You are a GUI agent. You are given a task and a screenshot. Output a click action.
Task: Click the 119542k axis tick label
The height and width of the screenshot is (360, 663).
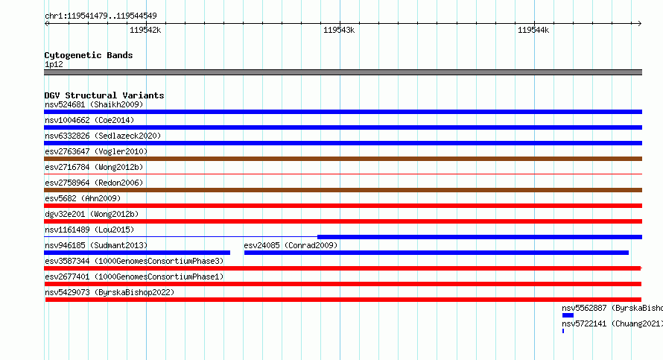145,30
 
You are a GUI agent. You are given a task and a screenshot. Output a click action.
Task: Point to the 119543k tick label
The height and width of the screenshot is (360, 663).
339,30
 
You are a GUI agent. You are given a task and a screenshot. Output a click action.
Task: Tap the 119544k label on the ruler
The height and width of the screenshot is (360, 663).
533,30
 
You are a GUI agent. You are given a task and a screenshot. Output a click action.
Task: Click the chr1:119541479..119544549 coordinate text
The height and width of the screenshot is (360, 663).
101,16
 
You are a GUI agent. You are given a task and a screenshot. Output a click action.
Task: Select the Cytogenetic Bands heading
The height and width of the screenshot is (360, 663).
89,55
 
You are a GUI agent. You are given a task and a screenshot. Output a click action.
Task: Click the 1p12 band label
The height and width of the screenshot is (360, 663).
54,64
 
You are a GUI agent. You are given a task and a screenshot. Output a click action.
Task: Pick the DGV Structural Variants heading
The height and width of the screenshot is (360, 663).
104,95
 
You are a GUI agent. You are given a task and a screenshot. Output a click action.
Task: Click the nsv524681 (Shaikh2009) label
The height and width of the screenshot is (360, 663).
94,104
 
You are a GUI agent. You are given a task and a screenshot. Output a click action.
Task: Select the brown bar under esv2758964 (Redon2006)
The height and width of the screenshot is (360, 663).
343,190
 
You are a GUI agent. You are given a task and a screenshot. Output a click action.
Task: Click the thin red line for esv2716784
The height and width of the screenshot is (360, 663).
343,174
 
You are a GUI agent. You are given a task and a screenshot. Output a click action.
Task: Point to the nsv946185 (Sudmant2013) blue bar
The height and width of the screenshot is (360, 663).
137,253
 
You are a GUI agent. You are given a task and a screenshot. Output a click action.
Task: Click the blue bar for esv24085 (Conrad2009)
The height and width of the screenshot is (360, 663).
437,253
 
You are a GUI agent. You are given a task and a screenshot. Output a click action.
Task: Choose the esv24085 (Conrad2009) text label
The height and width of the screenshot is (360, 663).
291,245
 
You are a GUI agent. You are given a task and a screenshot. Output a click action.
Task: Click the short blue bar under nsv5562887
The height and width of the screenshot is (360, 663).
568,315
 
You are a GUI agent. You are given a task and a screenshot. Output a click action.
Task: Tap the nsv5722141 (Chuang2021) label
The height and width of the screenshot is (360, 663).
612,323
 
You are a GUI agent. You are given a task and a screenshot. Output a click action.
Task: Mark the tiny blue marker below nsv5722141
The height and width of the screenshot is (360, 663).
563,331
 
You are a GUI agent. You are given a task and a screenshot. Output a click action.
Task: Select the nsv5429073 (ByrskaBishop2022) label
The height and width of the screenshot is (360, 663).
110,292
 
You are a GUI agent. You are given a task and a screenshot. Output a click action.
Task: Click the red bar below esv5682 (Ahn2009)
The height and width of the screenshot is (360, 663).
343,206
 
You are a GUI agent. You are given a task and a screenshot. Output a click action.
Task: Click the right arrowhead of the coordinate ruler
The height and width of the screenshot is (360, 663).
641,23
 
